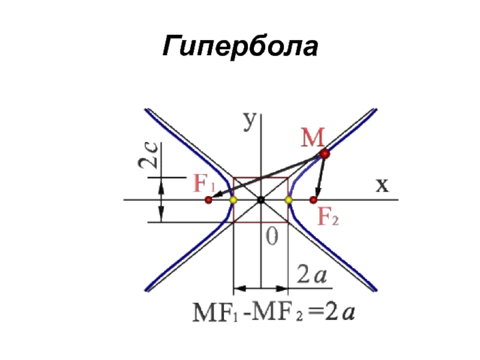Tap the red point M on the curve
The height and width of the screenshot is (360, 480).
(325, 154)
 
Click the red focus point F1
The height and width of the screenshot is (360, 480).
(208, 199)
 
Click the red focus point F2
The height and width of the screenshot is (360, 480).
(313, 199)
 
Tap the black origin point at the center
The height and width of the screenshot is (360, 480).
(260, 199)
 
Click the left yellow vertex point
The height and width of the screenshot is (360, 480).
(233, 199)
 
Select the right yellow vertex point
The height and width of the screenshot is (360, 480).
(287, 199)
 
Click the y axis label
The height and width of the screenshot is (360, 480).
(250, 120)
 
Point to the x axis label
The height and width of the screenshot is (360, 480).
(382, 185)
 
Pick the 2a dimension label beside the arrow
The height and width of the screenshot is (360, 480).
(312, 276)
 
